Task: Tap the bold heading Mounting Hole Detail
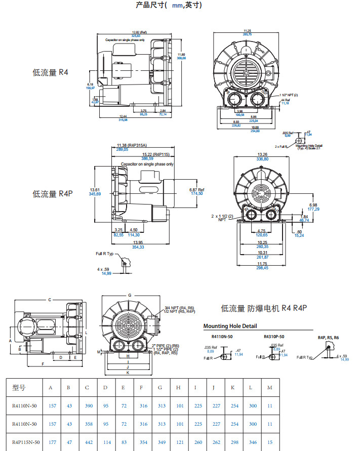pyautogui.click(x=230, y=326)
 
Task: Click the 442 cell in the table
pyautogui.click(x=87, y=441)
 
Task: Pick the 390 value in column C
pyautogui.click(x=87, y=406)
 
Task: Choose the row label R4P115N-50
pyautogui.click(x=26, y=441)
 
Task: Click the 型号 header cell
pyautogui.click(x=19, y=388)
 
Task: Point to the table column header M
pyautogui.click(x=269, y=388)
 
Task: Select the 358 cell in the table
pyautogui.click(x=87, y=424)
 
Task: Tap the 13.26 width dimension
pyautogui.click(x=262, y=154)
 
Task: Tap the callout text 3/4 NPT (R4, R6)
pyautogui.click(x=180, y=308)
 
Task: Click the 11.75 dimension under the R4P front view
pyautogui.click(x=262, y=264)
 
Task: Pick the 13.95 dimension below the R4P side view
pyautogui.click(x=138, y=243)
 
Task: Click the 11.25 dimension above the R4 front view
pyautogui.click(x=248, y=31)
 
